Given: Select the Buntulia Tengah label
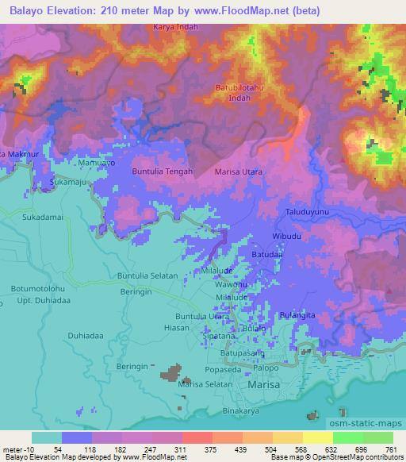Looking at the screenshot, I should pos(162,171).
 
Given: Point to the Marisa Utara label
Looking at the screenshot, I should pos(239,171).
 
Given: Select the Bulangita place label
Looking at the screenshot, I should pos(298,315).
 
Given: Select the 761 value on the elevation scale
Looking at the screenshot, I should pos(392,449).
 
